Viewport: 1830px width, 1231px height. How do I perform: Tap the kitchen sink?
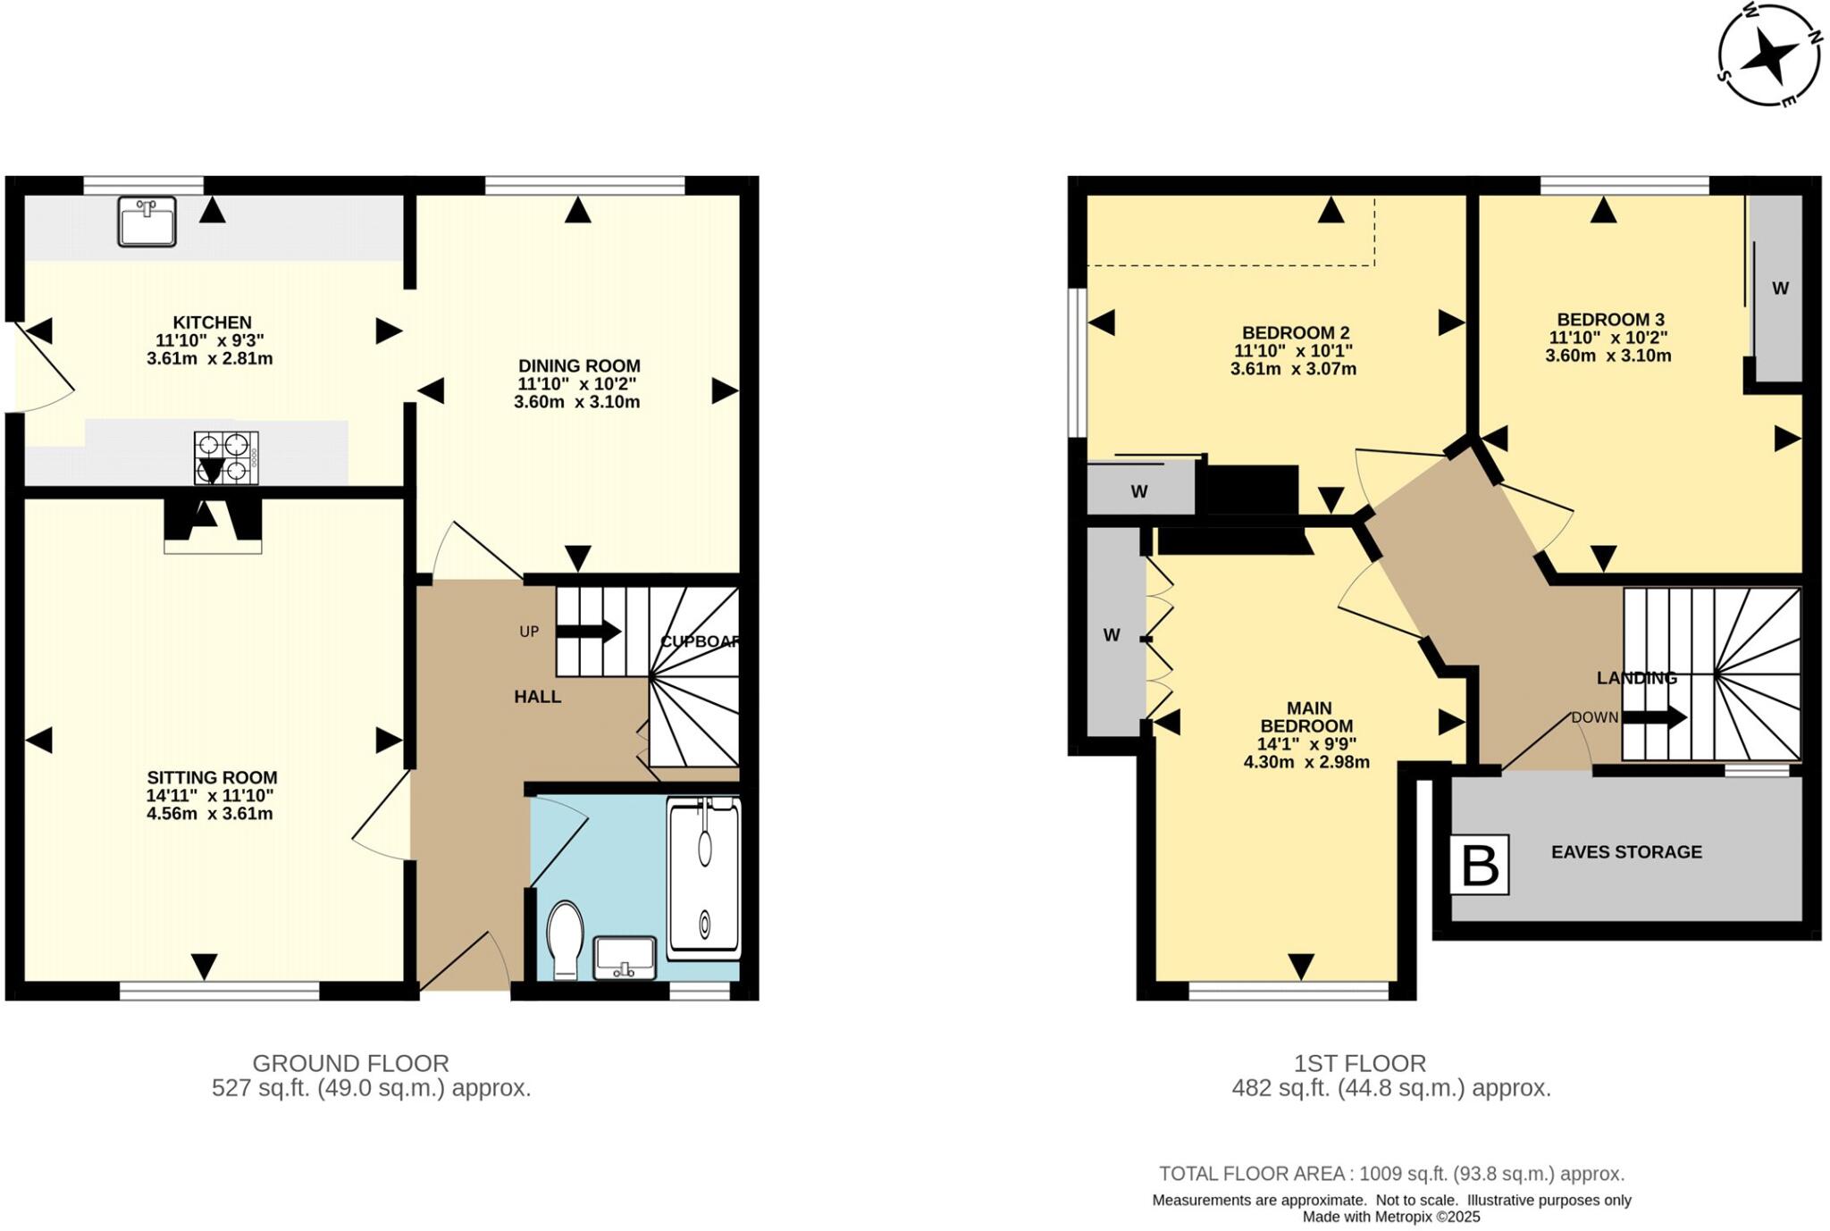[x=147, y=221]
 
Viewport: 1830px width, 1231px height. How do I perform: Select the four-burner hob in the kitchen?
[x=226, y=456]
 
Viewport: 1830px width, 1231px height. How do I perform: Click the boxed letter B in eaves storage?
[x=1480, y=864]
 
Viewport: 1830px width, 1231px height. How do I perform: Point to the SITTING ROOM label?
[x=212, y=777]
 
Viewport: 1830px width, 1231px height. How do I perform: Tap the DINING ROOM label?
[x=579, y=365]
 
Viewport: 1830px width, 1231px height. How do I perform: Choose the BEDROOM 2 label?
[x=1295, y=332]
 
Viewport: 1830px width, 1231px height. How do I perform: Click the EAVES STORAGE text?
[x=1626, y=852]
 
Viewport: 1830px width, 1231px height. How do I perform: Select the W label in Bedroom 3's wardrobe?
[x=1780, y=289]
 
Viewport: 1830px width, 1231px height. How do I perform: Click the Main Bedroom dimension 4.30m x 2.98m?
[x=1306, y=762]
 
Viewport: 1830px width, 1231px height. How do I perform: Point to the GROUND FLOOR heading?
[x=350, y=1063]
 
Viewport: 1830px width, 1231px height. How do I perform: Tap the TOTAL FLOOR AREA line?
[x=1391, y=1174]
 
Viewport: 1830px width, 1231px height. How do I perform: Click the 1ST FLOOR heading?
[x=1360, y=1063]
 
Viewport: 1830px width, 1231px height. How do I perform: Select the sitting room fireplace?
[x=213, y=524]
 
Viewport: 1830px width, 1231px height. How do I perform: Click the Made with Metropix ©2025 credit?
[x=1391, y=1217]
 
